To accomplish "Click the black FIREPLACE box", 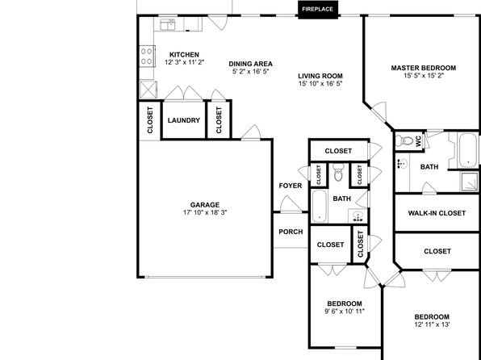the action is coord(318,10).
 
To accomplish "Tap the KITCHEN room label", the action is coord(184,55).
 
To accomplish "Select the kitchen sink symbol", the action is coord(168,24).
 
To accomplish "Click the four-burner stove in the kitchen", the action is coord(147,57).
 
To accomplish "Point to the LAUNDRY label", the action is coord(184,120).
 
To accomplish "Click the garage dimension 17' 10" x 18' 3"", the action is coord(205,212).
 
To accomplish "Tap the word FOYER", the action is coord(291,186).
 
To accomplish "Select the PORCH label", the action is coord(291,232).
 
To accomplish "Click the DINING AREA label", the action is coord(251,64).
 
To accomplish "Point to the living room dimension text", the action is coord(320,83).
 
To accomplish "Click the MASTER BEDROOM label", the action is coord(424,68).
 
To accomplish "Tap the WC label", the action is coord(418,141).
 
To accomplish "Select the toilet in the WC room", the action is coord(404,141).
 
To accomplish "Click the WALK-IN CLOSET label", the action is coord(437,213).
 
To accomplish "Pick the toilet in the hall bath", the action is coord(338,172).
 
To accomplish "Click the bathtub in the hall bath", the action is coord(319,206).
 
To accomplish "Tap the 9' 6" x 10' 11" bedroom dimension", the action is coord(345,312).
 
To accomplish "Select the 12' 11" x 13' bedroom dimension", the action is coord(432,324).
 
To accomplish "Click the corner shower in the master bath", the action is coord(470,182).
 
